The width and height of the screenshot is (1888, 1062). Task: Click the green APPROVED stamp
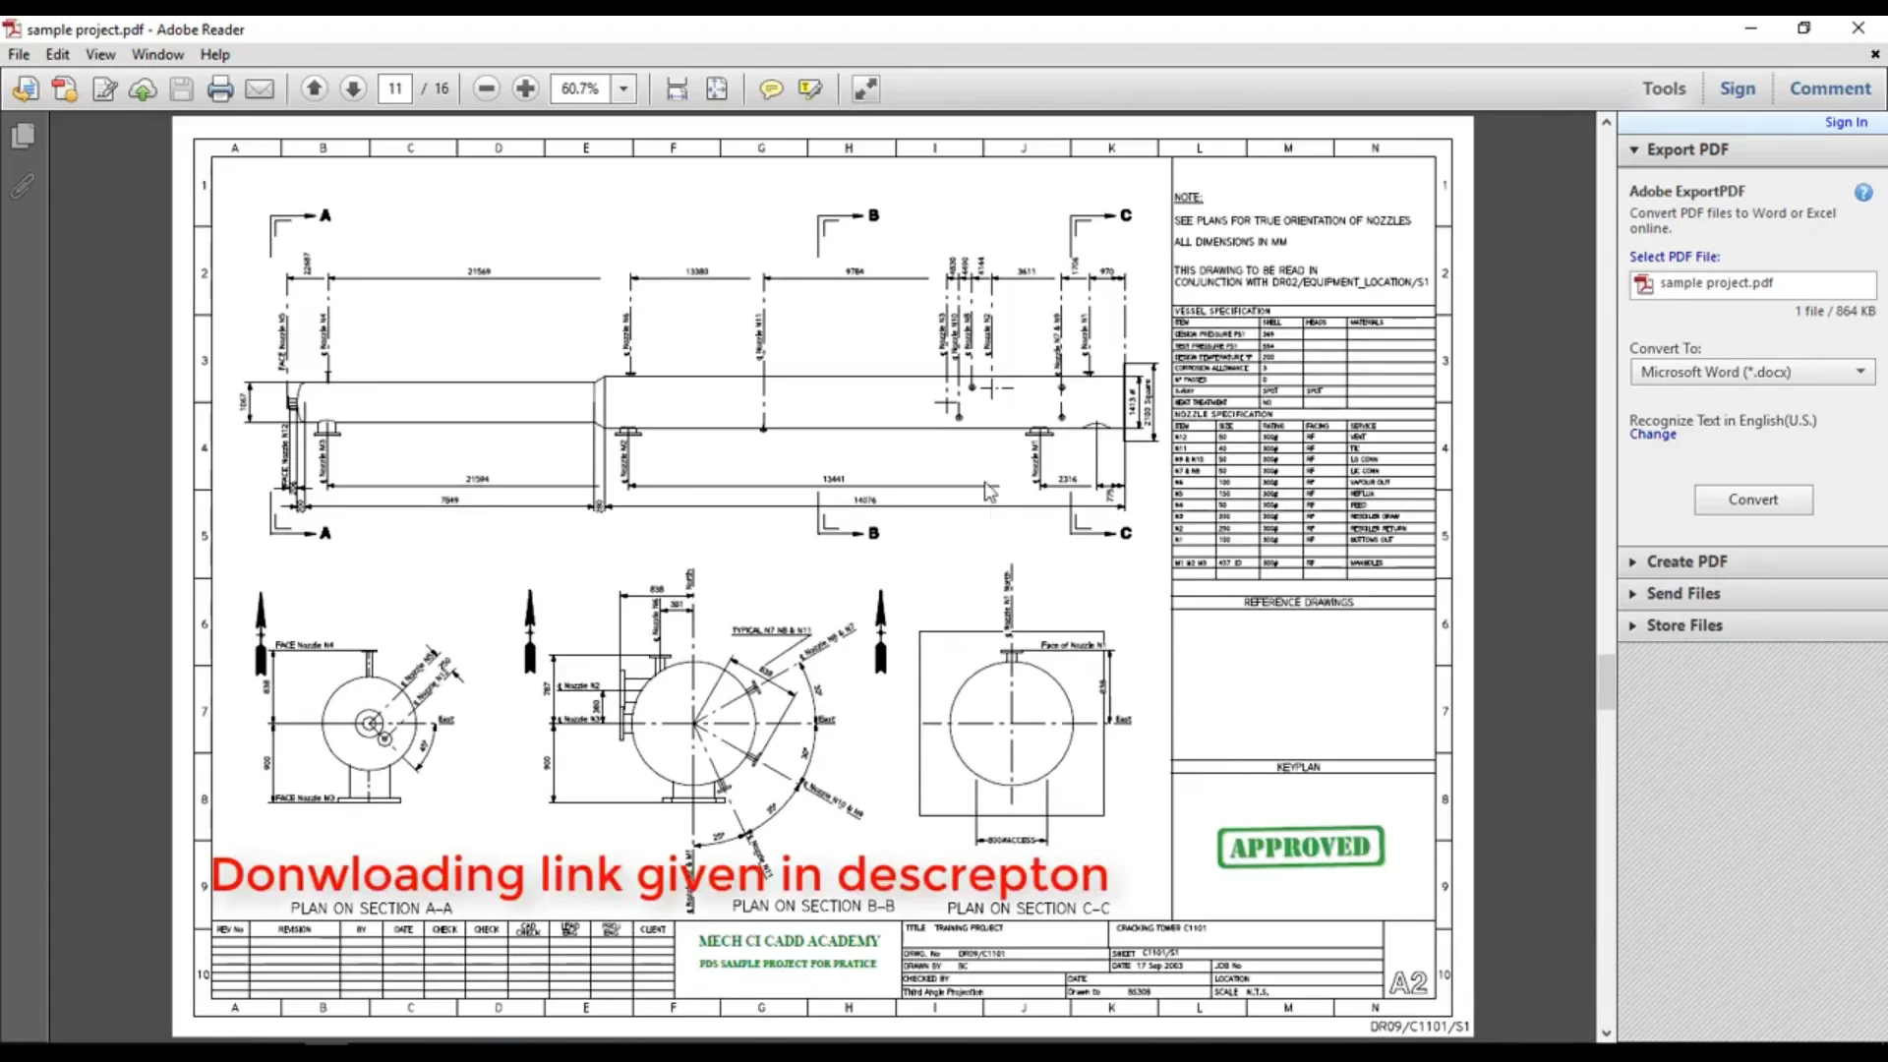point(1300,847)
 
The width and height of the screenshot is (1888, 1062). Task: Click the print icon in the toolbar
point(220,89)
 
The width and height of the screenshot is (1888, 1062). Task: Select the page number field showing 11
point(395,88)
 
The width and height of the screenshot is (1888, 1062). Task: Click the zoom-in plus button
point(525,88)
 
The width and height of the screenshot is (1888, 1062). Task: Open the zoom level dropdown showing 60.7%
point(623,88)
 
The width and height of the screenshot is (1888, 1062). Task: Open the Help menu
point(214,54)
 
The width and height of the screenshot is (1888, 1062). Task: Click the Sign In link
point(1845,122)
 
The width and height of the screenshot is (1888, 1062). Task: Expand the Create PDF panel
point(1685,561)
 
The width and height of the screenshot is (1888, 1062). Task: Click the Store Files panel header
point(1683,625)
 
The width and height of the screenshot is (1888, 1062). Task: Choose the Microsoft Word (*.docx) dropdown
point(1751,372)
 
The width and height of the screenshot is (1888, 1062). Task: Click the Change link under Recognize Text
point(1652,435)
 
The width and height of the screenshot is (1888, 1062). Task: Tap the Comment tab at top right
point(1829,88)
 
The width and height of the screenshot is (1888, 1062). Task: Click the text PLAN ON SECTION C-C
point(1028,909)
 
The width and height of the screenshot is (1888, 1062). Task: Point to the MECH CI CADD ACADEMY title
point(789,941)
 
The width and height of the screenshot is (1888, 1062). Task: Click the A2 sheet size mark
point(1408,982)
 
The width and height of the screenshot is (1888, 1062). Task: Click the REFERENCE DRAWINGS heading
point(1298,602)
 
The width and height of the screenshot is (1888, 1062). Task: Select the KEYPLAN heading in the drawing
point(1298,767)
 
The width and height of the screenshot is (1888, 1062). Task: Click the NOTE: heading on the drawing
point(1188,198)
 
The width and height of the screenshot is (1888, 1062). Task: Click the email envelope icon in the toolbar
point(260,89)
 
